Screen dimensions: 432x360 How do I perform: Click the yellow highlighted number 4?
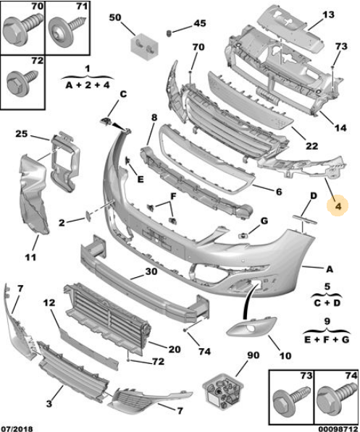click(337, 207)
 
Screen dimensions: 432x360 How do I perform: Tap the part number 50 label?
click(114, 17)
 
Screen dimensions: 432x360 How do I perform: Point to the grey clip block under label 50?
click(143, 46)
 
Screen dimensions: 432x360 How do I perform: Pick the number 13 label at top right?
click(328, 14)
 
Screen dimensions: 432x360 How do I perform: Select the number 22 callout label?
click(311, 145)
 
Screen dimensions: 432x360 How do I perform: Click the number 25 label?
click(21, 134)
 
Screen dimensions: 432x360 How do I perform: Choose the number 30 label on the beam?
click(151, 272)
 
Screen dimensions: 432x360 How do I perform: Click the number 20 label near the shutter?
click(174, 349)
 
